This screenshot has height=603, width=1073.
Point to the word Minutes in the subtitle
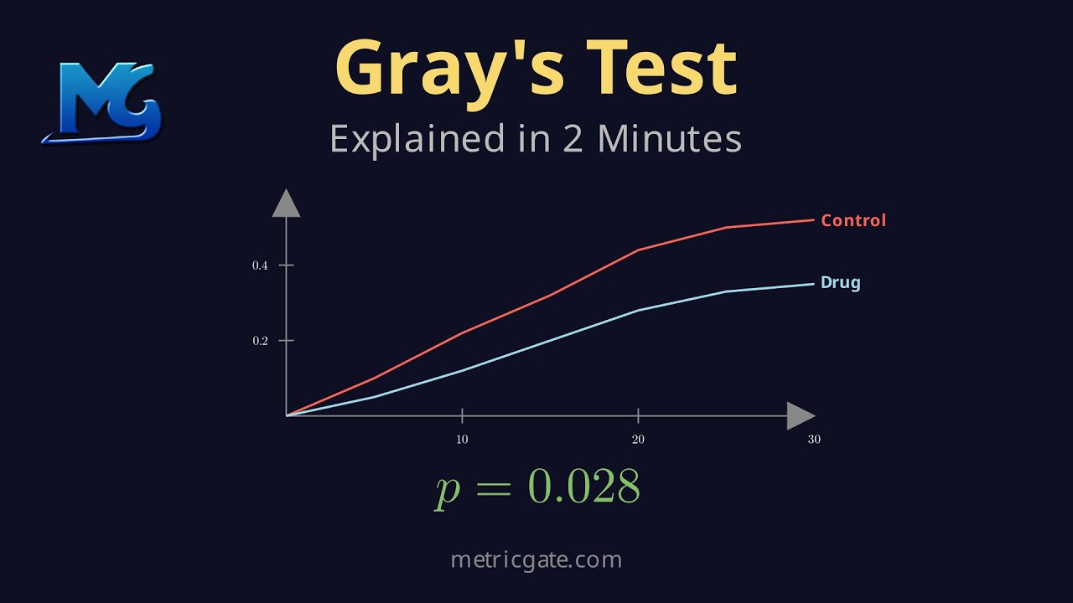click(x=669, y=138)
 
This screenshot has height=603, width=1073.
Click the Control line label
click(x=853, y=220)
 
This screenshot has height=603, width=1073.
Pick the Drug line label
click(x=841, y=282)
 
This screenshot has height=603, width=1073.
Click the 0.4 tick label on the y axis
click(x=260, y=265)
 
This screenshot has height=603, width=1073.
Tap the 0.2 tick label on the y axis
click(x=260, y=341)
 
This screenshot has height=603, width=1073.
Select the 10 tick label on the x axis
click(x=462, y=440)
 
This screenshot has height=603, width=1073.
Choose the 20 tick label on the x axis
click(x=638, y=440)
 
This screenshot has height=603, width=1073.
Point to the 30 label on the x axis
click(x=814, y=440)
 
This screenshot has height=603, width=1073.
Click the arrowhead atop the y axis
click(x=287, y=203)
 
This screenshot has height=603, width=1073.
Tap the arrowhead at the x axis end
click(x=801, y=415)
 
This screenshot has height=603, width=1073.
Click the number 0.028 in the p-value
click(x=583, y=486)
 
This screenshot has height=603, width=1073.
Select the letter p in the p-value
click(x=448, y=489)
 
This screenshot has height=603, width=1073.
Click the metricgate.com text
click(x=536, y=559)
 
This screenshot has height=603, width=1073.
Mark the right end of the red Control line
click(x=813, y=220)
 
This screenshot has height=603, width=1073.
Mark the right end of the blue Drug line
click(x=813, y=284)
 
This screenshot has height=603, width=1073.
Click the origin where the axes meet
click(x=287, y=415)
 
